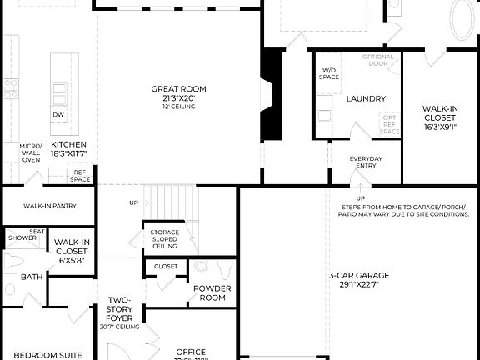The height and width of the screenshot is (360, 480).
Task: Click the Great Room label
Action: (178, 89)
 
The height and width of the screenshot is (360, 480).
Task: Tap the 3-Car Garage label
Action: (358, 275)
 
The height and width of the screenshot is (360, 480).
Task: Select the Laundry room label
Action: (365, 99)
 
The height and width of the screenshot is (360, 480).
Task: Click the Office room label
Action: (190, 352)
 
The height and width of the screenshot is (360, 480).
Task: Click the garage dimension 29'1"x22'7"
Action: (358, 285)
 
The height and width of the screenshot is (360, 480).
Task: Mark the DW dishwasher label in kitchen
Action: (57, 115)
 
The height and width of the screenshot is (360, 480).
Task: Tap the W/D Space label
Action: (328, 74)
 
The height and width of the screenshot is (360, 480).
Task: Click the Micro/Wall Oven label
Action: (31, 153)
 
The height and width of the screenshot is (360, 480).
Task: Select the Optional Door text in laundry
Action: (377, 61)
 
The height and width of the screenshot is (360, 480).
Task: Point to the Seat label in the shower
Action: (37, 232)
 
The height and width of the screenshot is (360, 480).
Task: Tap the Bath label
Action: (32, 277)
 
